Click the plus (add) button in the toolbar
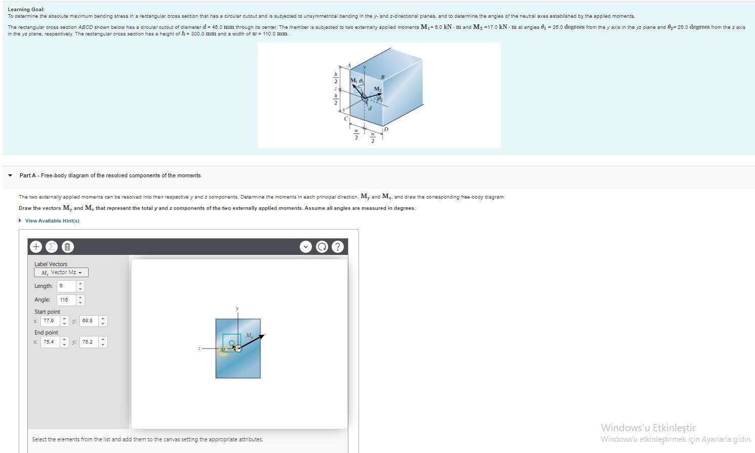click(x=36, y=247)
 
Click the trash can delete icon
click(x=67, y=247)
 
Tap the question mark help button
click(x=337, y=247)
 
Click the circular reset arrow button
click(x=322, y=247)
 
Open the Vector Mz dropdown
click(x=61, y=273)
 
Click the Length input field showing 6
click(x=66, y=286)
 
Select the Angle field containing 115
click(x=66, y=300)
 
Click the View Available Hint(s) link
click(x=52, y=221)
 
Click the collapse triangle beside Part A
click(x=10, y=176)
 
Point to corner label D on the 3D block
click(x=386, y=130)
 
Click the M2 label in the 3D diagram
click(x=377, y=89)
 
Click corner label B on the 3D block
click(x=382, y=77)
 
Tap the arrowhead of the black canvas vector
click(x=261, y=336)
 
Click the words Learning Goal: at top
click(x=26, y=10)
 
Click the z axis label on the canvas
click(x=200, y=348)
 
